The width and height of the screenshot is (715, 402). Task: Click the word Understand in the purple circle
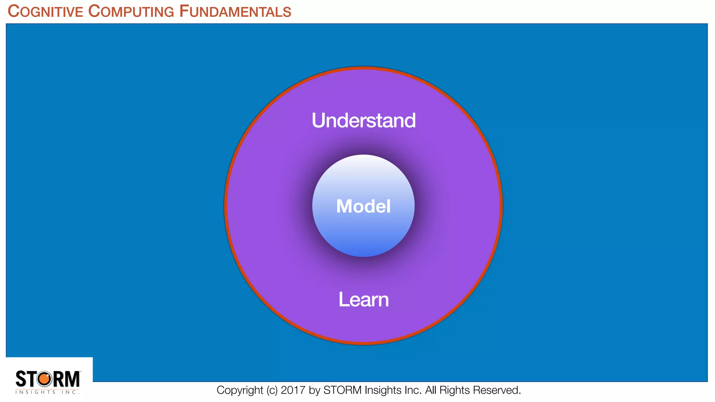[x=363, y=120]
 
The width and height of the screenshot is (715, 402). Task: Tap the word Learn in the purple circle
[x=363, y=299]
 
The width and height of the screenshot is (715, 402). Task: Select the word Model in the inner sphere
[x=363, y=206]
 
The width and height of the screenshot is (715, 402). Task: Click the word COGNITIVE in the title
[x=45, y=12]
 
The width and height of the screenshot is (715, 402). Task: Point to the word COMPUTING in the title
[x=131, y=12]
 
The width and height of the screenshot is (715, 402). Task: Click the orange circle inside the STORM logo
[x=44, y=379]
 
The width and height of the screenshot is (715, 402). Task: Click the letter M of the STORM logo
[x=72, y=379]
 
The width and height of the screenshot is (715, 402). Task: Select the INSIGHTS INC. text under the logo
[x=47, y=392]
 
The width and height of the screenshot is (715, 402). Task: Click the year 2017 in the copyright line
[x=293, y=390]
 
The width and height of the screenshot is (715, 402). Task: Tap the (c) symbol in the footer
[x=272, y=390]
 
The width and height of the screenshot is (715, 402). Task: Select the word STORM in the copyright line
[x=342, y=390]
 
